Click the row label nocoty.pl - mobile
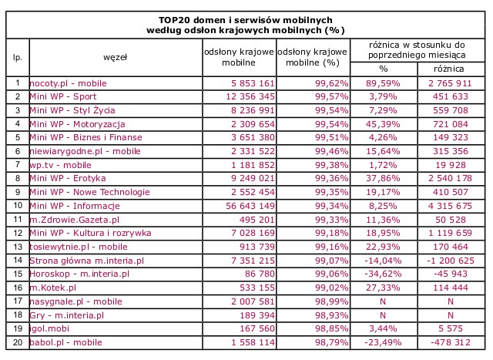(x=68, y=82)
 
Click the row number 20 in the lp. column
(x=16, y=342)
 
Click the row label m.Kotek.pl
(x=52, y=288)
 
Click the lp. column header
(x=16, y=56)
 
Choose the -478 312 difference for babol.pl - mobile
(x=443, y=342)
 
